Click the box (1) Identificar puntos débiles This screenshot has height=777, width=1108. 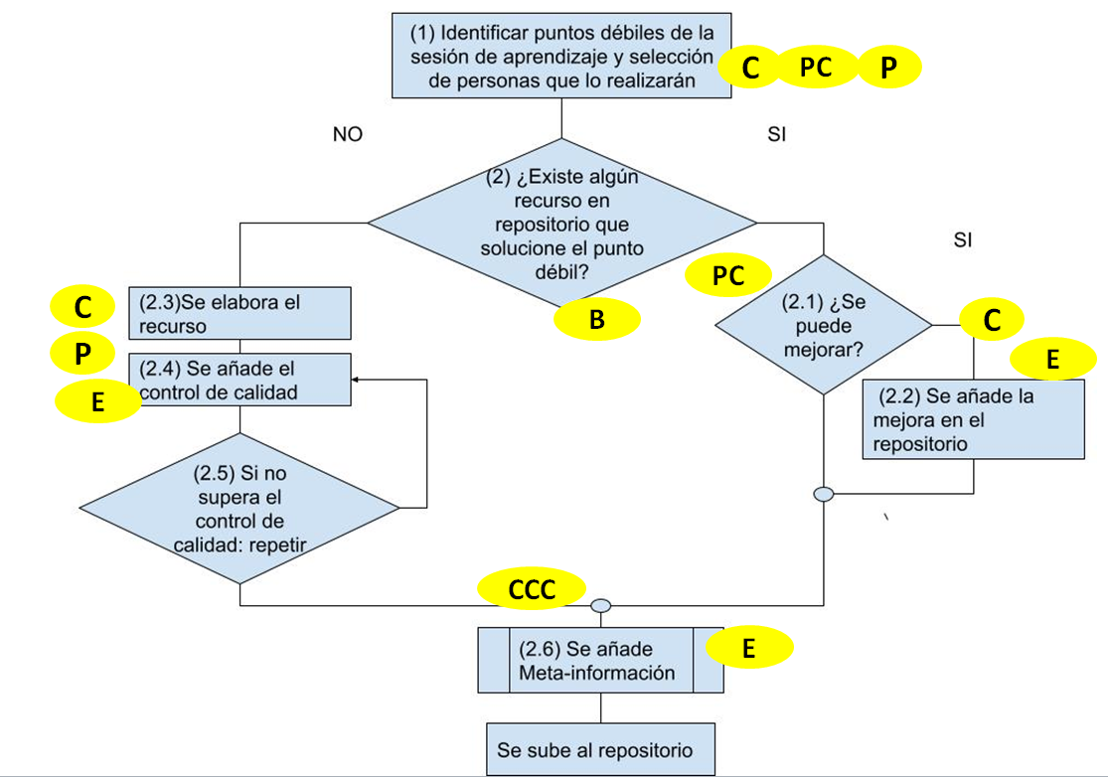(x=561, y=56)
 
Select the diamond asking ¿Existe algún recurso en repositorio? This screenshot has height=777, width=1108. (x=561, y=222)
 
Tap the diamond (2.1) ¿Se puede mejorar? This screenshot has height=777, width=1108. (x=824, y=325)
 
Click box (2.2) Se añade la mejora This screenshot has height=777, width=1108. (x=973, y=418)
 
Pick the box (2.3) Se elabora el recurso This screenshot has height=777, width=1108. (x=240, y=312)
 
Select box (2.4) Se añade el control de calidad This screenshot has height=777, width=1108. (x=240, y=380)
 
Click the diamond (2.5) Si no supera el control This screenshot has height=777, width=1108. (x=240, y=509)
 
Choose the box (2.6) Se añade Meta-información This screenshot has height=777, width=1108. (x=600, y=661)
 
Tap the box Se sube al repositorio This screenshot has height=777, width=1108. (x=600, y=749)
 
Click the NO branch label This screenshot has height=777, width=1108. (x=348, y=135)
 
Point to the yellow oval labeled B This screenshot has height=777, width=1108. (x=596, y=320)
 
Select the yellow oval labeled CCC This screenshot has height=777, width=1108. (x=531, y=589)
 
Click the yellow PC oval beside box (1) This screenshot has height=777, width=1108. (x=816, y=68)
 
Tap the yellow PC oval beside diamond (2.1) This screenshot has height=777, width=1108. (x=728, y=277)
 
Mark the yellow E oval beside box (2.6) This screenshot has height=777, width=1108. (x=749, y=649)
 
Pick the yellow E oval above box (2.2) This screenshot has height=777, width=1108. (x=1052, y=360)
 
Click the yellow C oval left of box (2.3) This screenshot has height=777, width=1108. (x=83, y=308)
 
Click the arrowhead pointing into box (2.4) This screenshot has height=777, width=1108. (x=356, y=380)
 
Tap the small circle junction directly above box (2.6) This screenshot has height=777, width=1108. (x=600, y=605)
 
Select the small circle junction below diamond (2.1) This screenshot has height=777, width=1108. (x=824, y=494)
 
